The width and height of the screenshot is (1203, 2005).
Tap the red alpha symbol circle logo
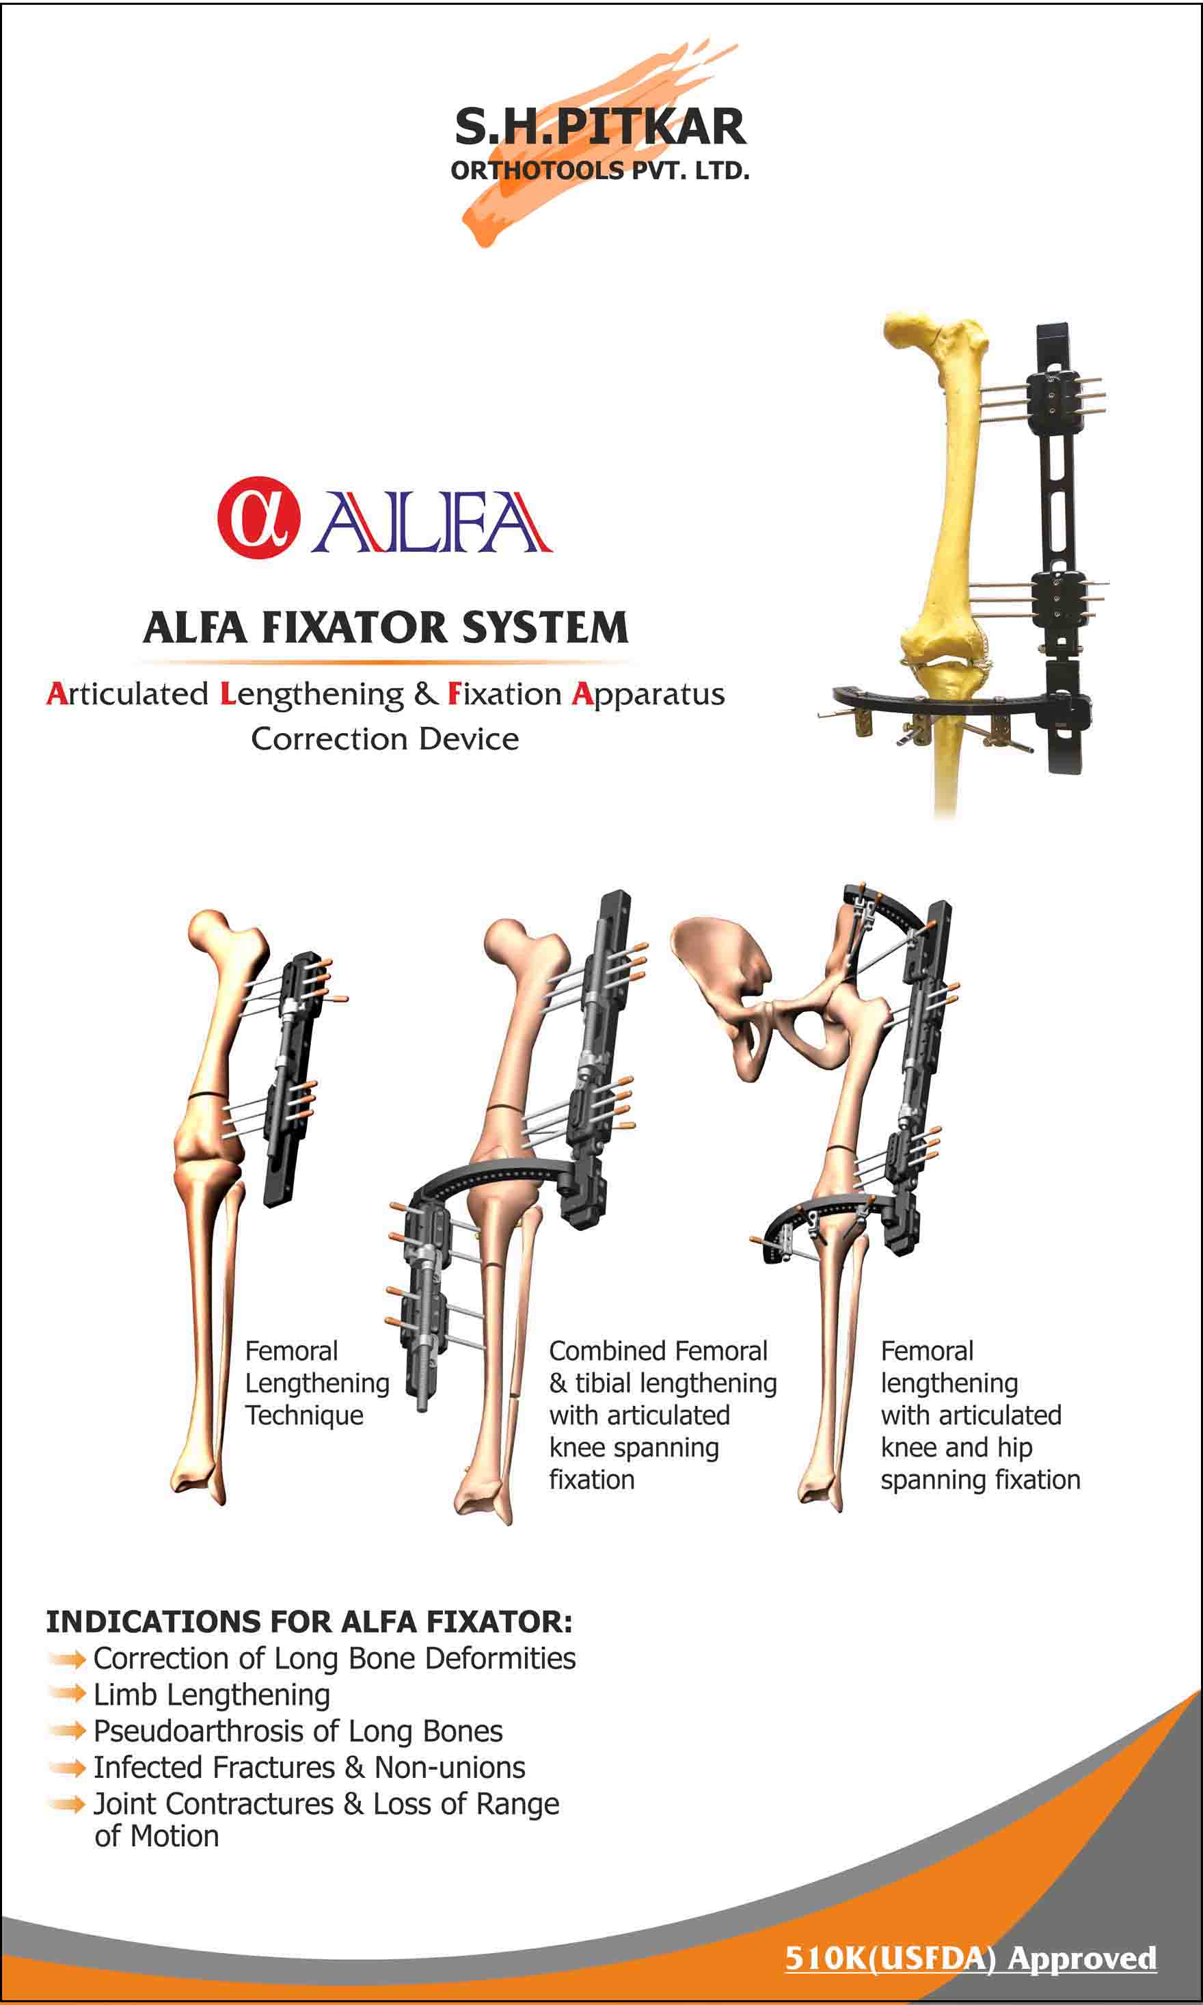pos(258,517)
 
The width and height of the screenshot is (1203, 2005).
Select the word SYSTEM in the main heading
pos(545,628)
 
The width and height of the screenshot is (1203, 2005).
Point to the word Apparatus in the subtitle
pos(648,695)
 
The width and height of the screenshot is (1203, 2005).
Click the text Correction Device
pos(385,739)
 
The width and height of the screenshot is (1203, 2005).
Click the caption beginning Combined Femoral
pos(662,1415)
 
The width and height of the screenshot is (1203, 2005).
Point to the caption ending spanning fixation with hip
pos(980,1415)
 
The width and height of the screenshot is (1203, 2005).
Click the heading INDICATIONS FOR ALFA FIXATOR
pos(309,1622)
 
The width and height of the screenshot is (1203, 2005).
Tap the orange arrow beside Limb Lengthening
pos(67,1694)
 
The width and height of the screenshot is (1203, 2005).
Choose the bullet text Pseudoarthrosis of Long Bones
pos(297,1731)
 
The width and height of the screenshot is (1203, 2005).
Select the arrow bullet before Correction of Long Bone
pos(67,1660)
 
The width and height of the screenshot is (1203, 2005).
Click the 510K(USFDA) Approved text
pos(971,1958)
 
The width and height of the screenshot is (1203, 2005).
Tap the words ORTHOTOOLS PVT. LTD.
pos(600,171)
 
